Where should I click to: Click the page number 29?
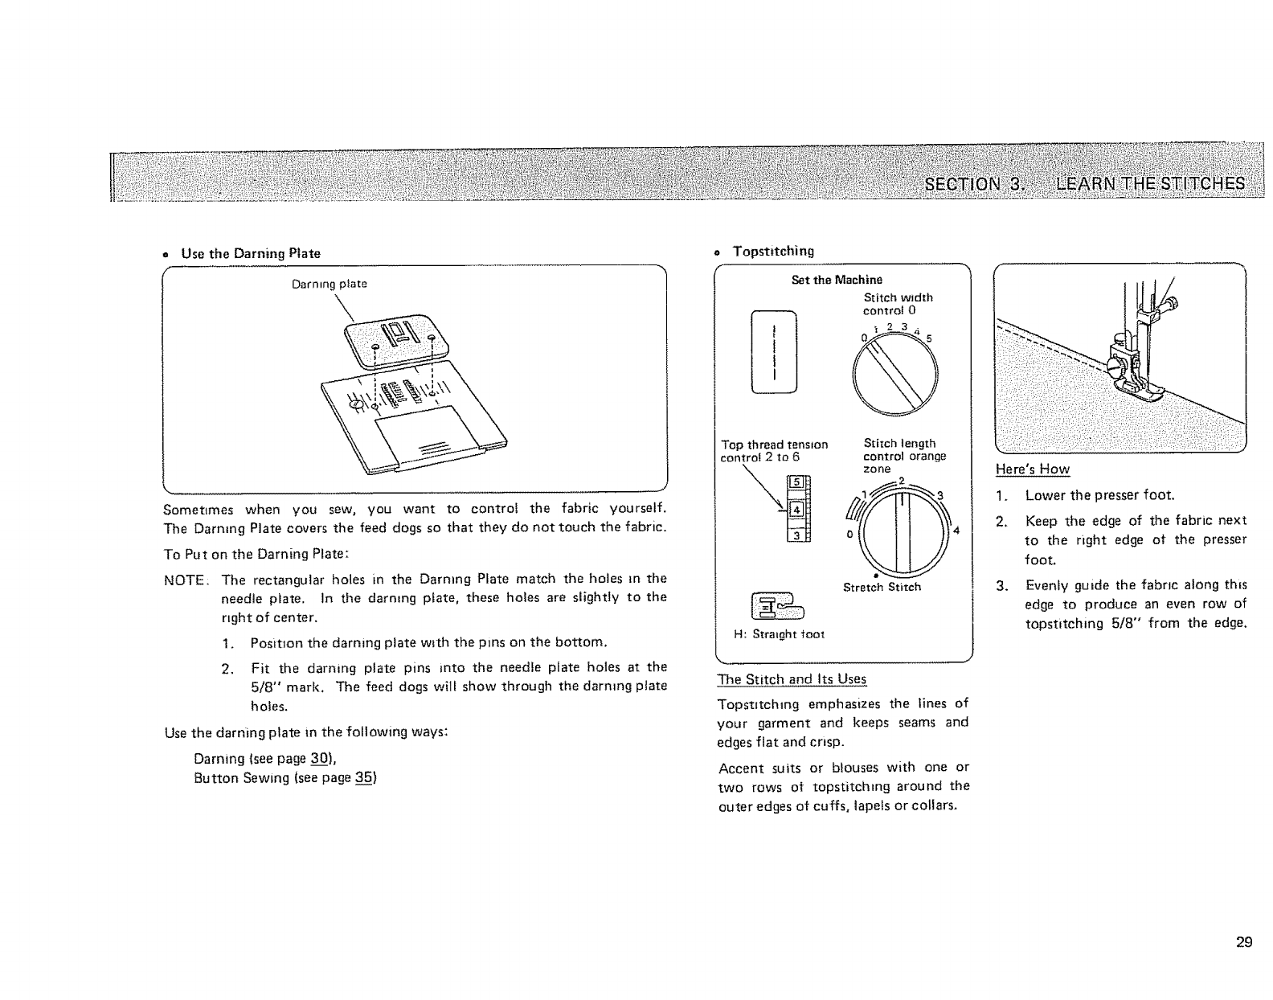(1243, 943)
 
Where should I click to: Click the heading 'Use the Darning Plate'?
(250, 254)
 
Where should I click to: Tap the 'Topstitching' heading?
(773, 251)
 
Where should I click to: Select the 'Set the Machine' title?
(837, 280)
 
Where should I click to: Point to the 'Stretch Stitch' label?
(882, 587)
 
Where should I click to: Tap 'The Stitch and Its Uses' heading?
(792, 679)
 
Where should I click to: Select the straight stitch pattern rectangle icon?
(773, 351)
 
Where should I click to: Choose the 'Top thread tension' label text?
(775, 445)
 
